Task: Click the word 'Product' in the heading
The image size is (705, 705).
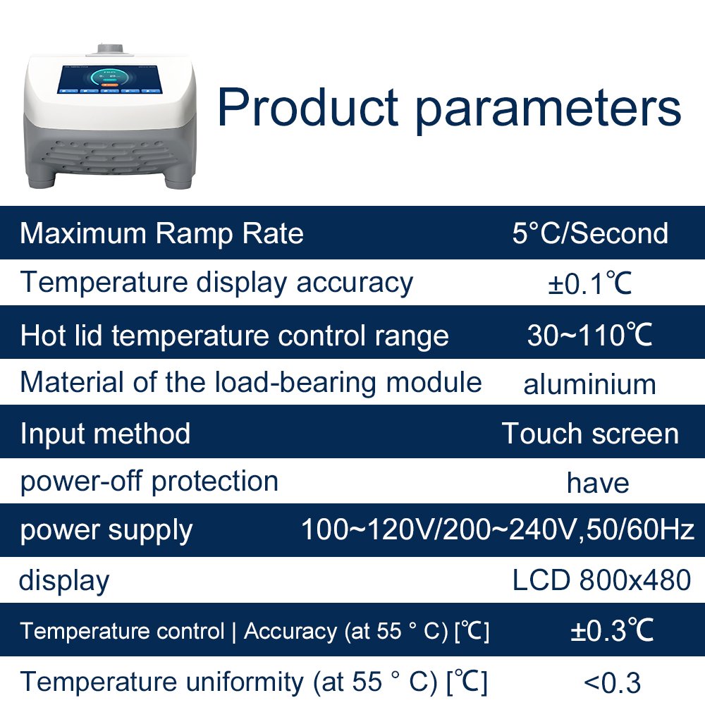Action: (x=308, y=107)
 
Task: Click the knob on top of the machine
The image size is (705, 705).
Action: (x=111, y=49)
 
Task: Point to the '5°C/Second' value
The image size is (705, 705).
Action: (x=590, y=233)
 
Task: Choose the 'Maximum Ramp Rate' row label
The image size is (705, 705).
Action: (x=162, y=234)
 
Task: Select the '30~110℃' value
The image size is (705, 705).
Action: (x=590, y=335)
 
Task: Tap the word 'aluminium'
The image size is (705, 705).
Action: (x=590, y=385)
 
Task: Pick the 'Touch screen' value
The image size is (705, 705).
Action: (x=590, y=434)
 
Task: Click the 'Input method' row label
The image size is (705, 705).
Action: (x=105, y=434)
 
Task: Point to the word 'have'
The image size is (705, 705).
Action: (x=598, y=483)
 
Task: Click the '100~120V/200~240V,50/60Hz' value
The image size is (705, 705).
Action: (x=498, y=529)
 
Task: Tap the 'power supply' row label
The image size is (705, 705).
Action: (x=106, y=532)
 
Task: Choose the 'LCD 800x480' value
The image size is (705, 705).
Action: (x=601, y=580)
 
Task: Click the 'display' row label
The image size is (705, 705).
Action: (x=64, y=581)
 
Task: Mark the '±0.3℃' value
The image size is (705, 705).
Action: (x=612, y=630)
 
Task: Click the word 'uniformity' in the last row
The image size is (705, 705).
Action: (x=245, y=682)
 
